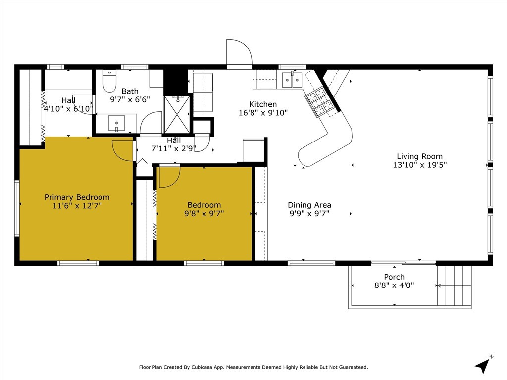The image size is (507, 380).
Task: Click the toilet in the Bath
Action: pyautogui.click(x=109, y=81)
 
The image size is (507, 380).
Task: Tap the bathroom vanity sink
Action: pyautogui.click(x=116, y=123)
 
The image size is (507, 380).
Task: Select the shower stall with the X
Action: pyautogui.click(x=177, y=114)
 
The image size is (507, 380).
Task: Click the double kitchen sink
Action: pyautogui.click(x=292, y=80)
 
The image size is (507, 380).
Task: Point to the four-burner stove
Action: pyautogui.click(x=319, y=102)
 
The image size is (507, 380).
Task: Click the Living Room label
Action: pyautogui.click(x=419, y=156)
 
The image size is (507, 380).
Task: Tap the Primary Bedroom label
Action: pyautogui.click(x=77, y=197)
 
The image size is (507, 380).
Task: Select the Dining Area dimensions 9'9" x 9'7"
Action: pyautogui.click(x=309, y=213)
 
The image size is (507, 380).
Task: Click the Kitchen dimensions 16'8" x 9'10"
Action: pyautogui.click(x=263, y=113)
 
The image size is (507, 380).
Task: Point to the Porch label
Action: pyautogui.click(x=394, y=277)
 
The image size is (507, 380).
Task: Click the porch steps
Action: pyautogui.click(x=455, y=285)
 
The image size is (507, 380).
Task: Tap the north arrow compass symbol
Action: pyautogui.click(x=483, y=365)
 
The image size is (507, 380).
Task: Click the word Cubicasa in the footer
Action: pyautogui.click(x=202, y=367)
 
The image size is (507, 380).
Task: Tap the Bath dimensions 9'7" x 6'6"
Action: pyautogui.click(x=130, y=99)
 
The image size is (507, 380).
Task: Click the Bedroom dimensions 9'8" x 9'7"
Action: pyautogui.click(x=204, y=213)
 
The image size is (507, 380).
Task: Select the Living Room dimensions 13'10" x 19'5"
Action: pyautogui.click(x=420, y=165)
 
